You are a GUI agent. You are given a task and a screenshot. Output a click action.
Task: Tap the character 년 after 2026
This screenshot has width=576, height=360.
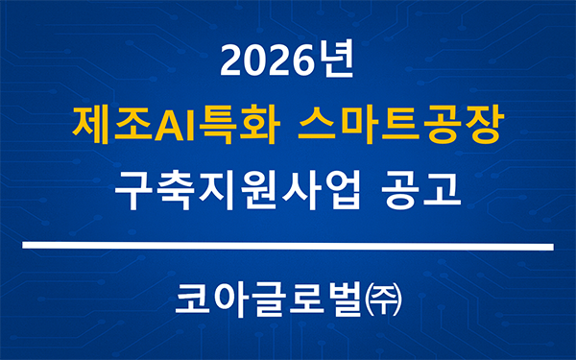click(335, 63)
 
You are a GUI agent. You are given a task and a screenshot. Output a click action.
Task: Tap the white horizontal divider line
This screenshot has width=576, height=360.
click(288, 247)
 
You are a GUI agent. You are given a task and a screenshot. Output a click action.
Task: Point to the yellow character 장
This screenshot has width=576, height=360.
click(483, 125)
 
